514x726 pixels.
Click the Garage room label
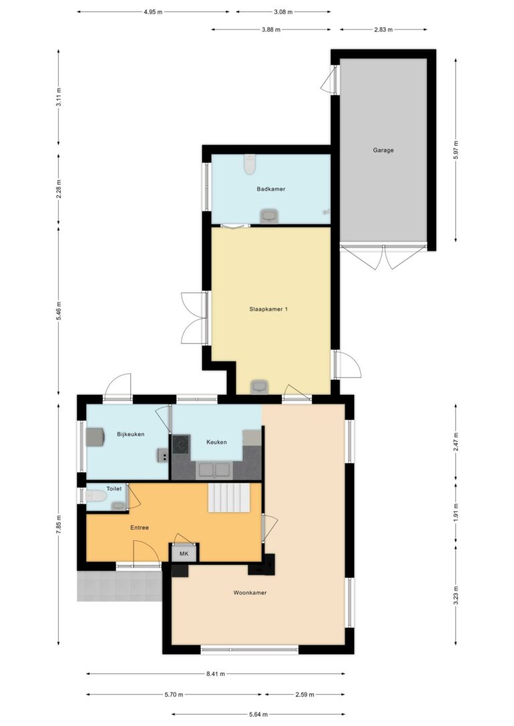click(x=383, y=150)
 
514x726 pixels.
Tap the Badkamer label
click(x=271, y=189)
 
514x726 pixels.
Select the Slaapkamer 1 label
click(x=268, y=309)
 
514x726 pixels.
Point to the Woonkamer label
click(x=250, y=593)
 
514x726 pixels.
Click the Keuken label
click(x=216, y=442)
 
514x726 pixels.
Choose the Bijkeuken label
click(x=131, y=435)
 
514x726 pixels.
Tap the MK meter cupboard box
click(x=184, y=554)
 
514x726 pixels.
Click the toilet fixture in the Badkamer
click(x=250, y=164)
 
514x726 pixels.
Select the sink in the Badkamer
click(x=269, y=216)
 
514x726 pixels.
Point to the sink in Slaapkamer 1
click(x=259, y=386)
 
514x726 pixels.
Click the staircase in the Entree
click(x=229, y=498)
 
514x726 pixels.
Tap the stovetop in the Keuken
click(x=181, y=444)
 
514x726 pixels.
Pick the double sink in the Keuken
click(x=215, y=470)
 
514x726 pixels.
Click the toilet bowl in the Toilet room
click(x=96, y=496)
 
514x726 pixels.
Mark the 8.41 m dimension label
click(x=216, y=674)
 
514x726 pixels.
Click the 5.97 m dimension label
click(x=456, y=150)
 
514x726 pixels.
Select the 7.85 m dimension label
click(x=58, y=525)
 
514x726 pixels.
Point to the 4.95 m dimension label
click(x=153, y=12)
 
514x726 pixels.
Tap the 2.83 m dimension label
click(x=383, y=29)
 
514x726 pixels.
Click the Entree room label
click(x=139, y=527)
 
